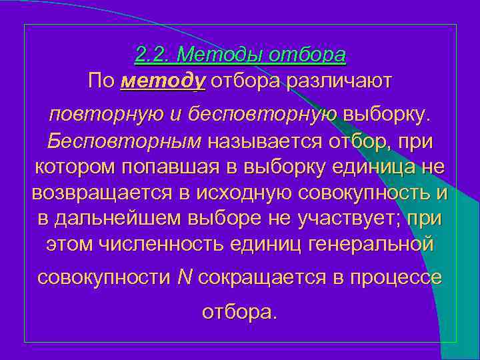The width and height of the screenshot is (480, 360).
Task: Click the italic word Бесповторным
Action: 124,141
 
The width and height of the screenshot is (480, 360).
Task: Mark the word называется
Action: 265,141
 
